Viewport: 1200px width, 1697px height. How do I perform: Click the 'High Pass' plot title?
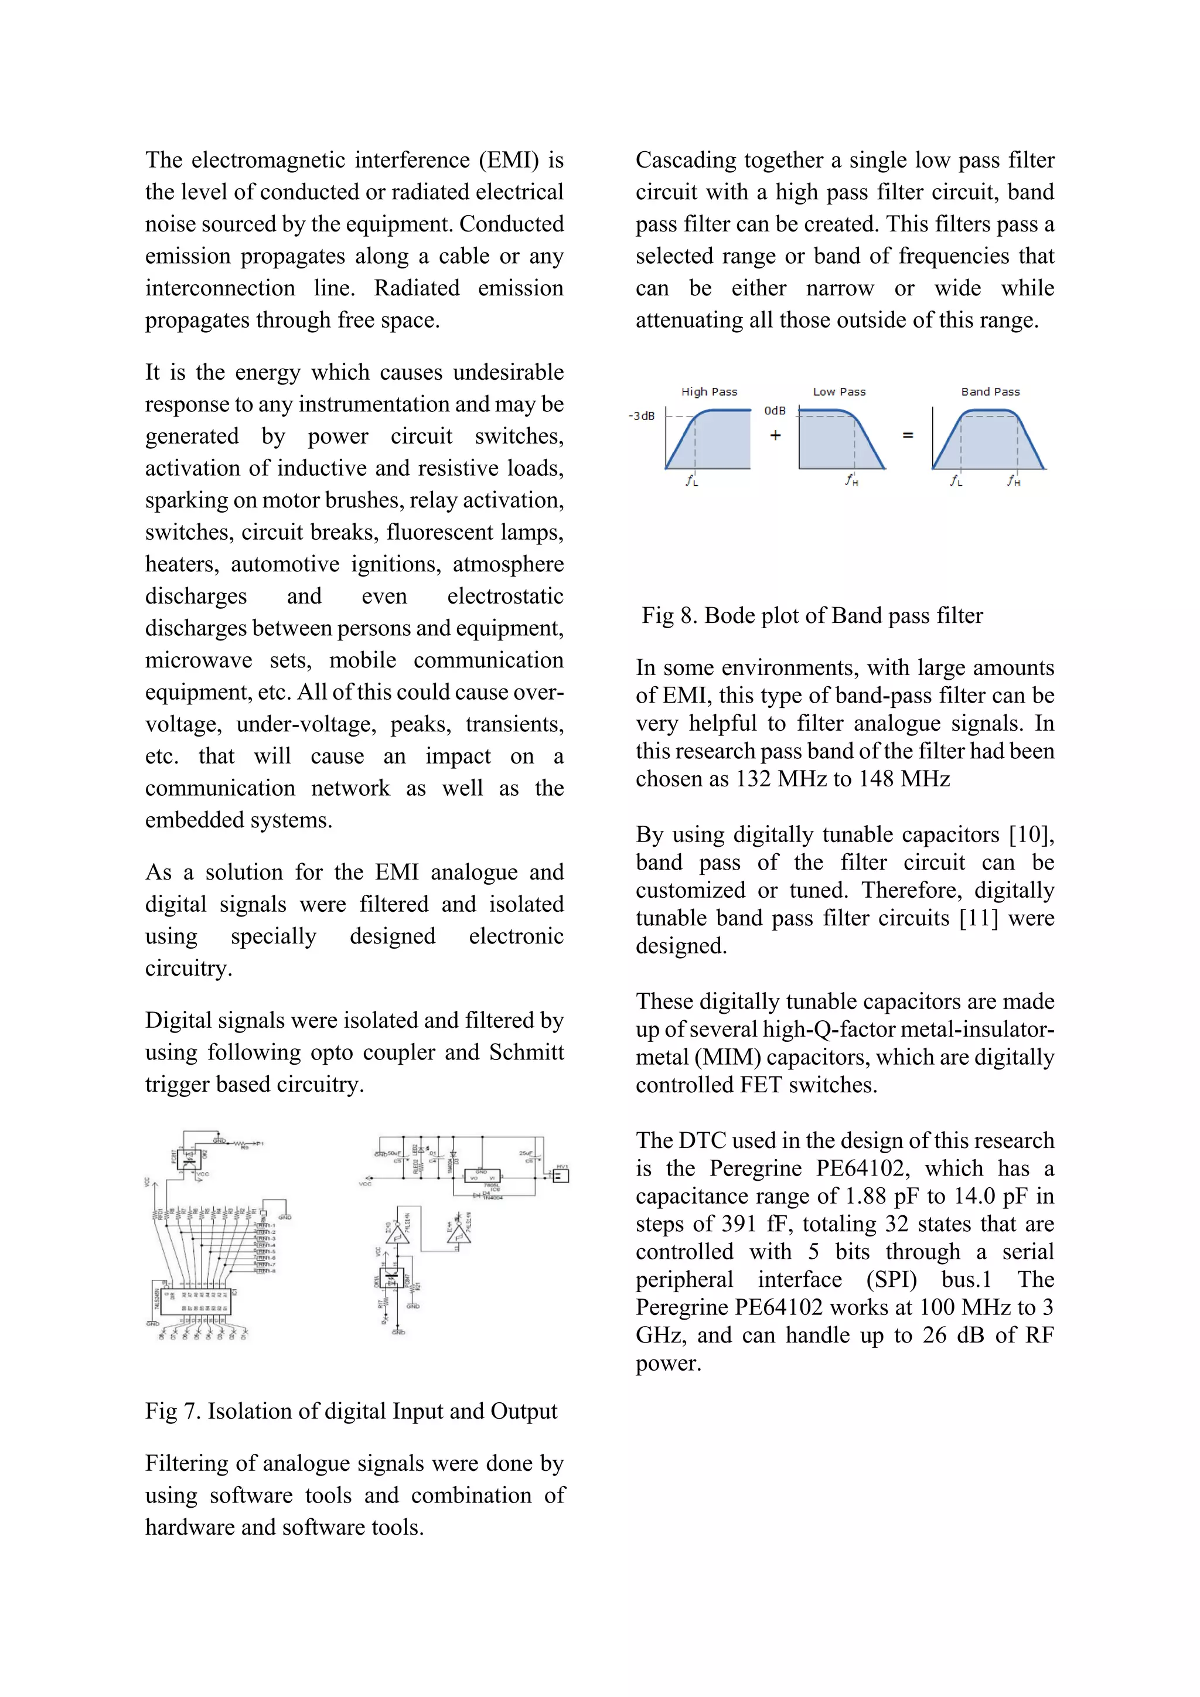pyautogui.click(x=708, y=392)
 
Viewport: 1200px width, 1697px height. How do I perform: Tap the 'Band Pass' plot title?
pyautogui.click(x=990, y=392)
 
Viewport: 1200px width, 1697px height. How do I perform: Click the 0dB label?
pyautogui.click(x=775, y=411)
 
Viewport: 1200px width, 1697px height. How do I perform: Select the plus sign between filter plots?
pyautogui.click(x=775, y=435)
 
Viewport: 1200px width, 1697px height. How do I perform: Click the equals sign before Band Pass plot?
pyautogui.click(x=908, y=435)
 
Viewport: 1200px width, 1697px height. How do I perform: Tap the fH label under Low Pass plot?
pyautogui.click(x=851, y=481)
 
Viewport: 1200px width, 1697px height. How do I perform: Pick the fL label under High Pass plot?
pyautogui.click(x=691, y=481)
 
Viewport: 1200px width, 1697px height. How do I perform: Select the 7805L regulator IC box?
pyautogui.click(x=482, y=1175)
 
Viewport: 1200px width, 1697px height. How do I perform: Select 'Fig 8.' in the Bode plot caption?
pyautogui.click(x=669, y=616)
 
